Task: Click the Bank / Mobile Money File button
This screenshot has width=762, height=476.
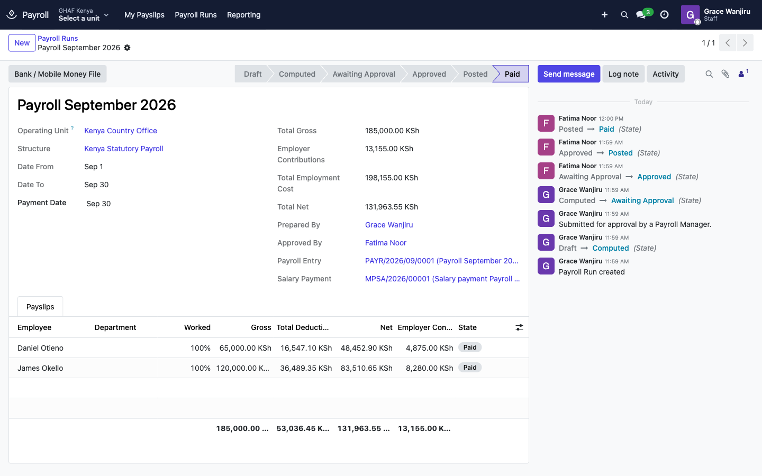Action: pyautogui.click(x=58, y=74)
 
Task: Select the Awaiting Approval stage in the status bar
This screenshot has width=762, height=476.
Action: pyautogui.click(x=364, y=74)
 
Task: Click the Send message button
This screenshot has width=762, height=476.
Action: pyautogui.click(x=569, y=74)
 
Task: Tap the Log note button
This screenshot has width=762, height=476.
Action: pyautogui.click(x=623, y=74)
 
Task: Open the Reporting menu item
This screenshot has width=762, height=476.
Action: pyautogui.click(x=243, y=15)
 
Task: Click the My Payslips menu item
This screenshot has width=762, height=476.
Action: pyautogui.click(x=144, y=15)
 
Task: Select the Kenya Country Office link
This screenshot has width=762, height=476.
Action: pyautogui.click(x=121, y=131)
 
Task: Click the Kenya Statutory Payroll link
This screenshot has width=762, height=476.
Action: pyautogui.click(x=123, y=149)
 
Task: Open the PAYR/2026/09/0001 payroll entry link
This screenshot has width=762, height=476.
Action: pyautogui.click(x=441, y=261)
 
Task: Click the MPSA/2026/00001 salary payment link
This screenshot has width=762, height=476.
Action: pyautogui.click(x=442, y=279)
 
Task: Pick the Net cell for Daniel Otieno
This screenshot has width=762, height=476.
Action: pyautogui.click(x=366, y=348)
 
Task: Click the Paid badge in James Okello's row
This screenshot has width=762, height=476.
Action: pyautogui.click(x=470, y=368)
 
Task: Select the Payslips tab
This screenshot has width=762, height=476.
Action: pyautogui.click(x=40, y=306)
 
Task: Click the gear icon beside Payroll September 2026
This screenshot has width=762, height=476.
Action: pyautogui.click(x=127, y=48)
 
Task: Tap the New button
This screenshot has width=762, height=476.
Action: pyautogui.click(x=22, y=43)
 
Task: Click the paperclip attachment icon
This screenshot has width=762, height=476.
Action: pyautogui.click(x=725, y=74)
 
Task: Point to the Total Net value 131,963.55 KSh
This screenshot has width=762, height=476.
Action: pyautogui.click(x=391, y=207)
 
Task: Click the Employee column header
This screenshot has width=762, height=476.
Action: pyautogui.click(x=34, y=327)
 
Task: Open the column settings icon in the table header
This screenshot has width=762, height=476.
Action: pyautogui.click(x=519, y=327)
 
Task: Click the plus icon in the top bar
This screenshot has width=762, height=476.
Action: pyautogui.click(x=604, y=15)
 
